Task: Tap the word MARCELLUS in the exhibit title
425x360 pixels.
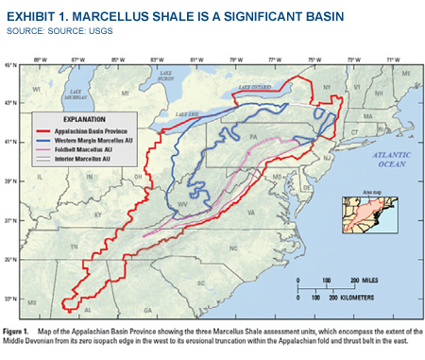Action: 110,15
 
